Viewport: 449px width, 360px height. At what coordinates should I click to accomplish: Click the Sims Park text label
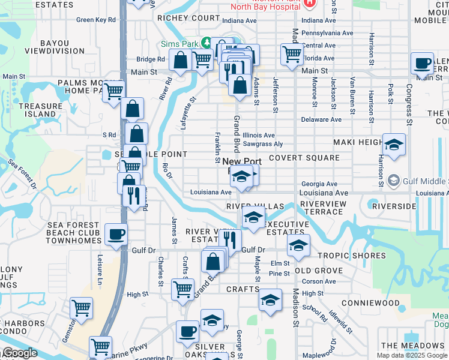tap(179, 44)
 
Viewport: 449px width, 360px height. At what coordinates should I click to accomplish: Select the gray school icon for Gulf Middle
tap(394, 181)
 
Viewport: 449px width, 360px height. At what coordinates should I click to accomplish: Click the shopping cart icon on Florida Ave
tap(292, 54)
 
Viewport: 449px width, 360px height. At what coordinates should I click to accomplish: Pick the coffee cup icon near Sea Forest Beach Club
tap(116, 234)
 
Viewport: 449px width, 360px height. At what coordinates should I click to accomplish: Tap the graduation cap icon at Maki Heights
tap(394, 145)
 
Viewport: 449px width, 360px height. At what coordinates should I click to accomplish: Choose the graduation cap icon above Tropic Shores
tap(298, 244)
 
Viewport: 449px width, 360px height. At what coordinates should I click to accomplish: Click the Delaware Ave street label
tap(321, 120)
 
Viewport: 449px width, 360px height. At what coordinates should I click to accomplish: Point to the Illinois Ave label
tap(259, 136)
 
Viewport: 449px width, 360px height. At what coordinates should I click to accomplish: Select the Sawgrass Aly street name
tap(263, 144)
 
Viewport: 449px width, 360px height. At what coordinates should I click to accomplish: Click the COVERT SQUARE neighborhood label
tap(304, 158)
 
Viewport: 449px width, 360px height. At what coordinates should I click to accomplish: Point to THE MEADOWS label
tap(412, 346)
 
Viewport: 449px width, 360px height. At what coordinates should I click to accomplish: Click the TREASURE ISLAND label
tap(40, 110)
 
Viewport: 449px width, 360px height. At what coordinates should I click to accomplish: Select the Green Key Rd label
tap(95, 20)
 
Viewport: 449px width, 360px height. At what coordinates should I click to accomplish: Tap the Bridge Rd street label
tap(151, 59)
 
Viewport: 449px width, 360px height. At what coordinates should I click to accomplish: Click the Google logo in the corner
tap(19, 353)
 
